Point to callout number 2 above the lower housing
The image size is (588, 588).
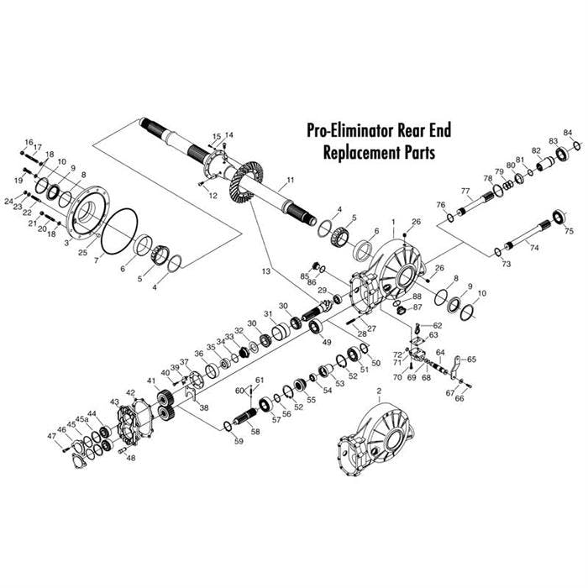[379, 391]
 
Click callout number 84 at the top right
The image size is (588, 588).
[568, 133]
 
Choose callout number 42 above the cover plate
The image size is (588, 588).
[130, 392]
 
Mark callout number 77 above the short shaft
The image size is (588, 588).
[465, 192]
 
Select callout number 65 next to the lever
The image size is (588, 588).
[471, 359]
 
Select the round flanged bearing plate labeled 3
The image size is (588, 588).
[84, 217]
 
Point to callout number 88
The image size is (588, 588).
[417, 297]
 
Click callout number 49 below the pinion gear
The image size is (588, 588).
[327, 342]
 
